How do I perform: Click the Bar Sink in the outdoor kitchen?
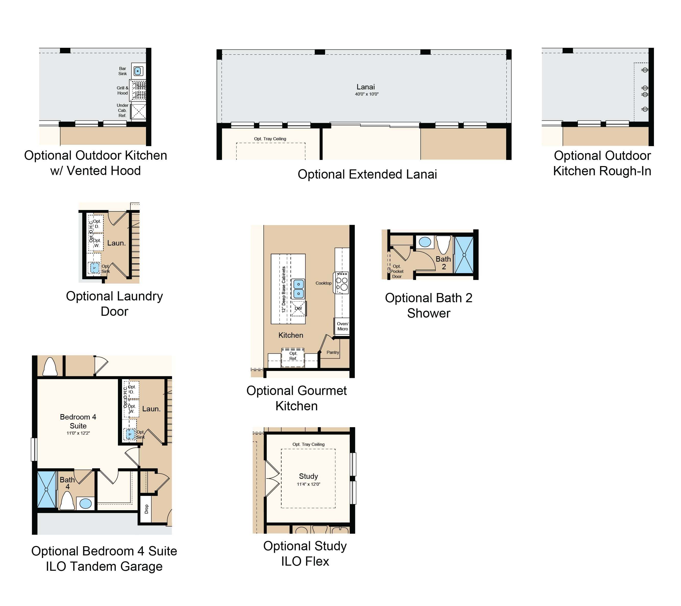(x=138, y=71)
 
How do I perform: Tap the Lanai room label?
(x=366, y=87)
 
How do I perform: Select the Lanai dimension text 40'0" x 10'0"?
(x=367, y=94)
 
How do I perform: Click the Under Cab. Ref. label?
(x=122, y=110)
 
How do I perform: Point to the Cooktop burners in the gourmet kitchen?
(x=342, y=283)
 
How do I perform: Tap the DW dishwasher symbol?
(x=298, y=309)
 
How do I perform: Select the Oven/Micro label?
(x=343, y=326)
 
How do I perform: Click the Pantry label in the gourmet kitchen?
(x=333, y=352)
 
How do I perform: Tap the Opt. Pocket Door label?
(x=397, y=271)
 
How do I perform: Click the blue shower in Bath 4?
(x=46, y=490)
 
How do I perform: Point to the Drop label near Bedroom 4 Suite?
(x=146, y=509)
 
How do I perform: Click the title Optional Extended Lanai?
(x=367, y=174)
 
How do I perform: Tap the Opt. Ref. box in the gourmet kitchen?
(x=293, y=357)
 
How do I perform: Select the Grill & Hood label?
(x=122, y=90)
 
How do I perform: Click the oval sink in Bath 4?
(x=86, y=503)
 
